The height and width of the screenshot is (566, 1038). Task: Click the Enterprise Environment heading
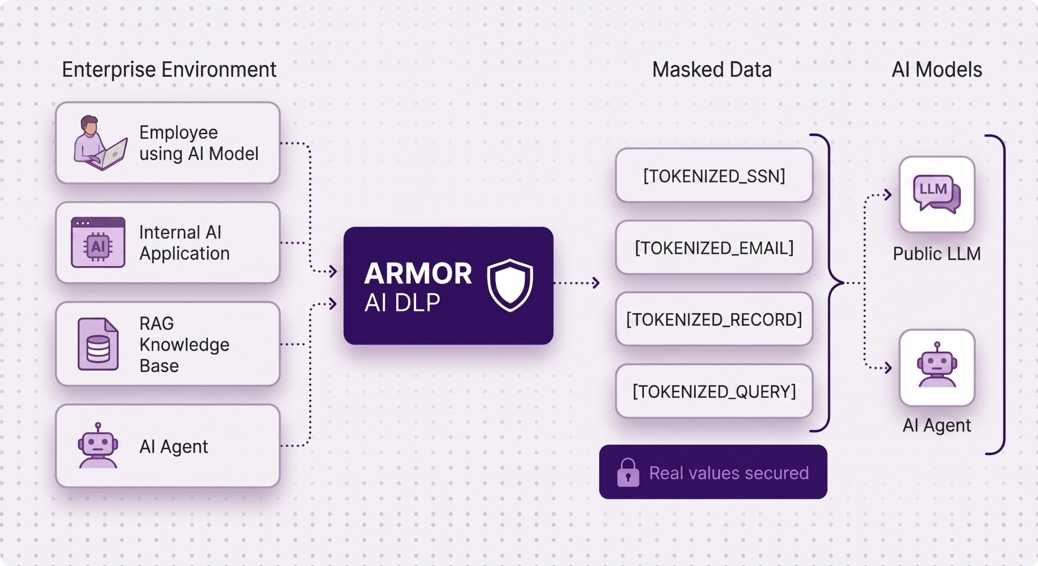(x=169, y=70)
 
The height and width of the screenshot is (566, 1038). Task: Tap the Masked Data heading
(x=712, y=70)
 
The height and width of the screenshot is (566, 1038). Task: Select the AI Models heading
(x=937, y=70)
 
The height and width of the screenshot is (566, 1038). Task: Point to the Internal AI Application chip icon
(x=98, y=242)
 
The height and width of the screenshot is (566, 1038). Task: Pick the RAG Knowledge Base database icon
(x=98, y=344)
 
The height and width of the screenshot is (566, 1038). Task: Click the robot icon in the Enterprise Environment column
(x=98, y=446)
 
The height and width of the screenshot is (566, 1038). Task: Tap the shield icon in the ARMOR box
(x=510, y=285)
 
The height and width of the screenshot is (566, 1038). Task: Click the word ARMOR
(x=418, y=273)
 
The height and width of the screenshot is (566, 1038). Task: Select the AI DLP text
(x=402, y=303)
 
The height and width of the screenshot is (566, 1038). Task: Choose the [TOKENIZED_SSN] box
(x=714, y=175)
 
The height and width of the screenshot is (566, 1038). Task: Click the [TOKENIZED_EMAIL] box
(x=714, y=248)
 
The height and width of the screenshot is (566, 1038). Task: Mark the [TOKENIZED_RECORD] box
(x=714, y=319)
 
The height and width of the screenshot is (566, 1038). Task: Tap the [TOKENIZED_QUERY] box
(x=714, y=391)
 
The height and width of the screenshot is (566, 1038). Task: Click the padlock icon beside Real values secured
(x=628, y=472)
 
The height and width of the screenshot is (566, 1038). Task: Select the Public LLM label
(x=937, y=254)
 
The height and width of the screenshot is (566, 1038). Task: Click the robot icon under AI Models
(x=937, y=365)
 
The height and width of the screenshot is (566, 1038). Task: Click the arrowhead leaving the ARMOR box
(x=596, y=283)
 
